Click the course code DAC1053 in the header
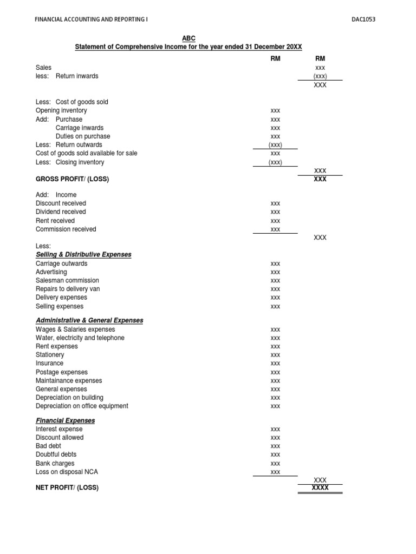click(x=363, y=19)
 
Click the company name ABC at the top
click(x=188, y=38)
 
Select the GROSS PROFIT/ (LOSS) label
click(x=72, y=179)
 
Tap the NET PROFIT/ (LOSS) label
click(x=67, y=487)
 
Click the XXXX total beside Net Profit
click(x=320, y=487)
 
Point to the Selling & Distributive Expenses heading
click(x=83, y=254)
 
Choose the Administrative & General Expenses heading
click(x=89, y=320)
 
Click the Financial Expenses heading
click(x=65, y=420)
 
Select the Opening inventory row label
click(x=61, y=110)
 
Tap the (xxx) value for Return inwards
click(x=320, y=76)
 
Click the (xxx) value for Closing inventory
click(x=275, y=162)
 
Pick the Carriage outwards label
click(x=61, y=263)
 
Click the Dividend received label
click(x=61, y=212)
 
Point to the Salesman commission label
click(x=67, y=280)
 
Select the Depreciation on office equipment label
click(x=82, y=406)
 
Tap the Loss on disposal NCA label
click(x=67, y=472)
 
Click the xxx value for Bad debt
click(x=275, y=446)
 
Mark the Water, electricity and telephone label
click(x=80, y=338)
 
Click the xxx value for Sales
click(x=320, y=68)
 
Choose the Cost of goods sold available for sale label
click(x=86, y=153)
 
